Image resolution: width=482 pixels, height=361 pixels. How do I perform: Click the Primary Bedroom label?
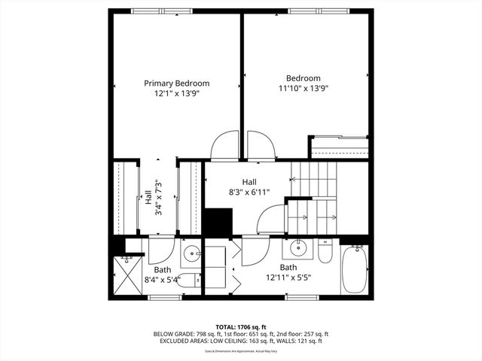tap(177, 83)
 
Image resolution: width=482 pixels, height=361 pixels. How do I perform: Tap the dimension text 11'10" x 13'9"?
tap(303, 88)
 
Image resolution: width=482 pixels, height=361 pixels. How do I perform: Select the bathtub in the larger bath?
tap(353, 272)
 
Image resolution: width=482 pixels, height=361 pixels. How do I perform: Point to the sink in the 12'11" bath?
tap(299, 247)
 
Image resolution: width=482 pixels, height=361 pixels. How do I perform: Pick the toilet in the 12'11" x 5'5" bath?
tap(325, 250)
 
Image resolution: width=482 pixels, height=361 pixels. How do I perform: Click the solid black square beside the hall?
tap(218, 222)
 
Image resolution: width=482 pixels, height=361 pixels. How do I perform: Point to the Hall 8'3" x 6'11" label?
tap(249, 187)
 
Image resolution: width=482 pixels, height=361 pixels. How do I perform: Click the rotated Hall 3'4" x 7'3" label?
tap(153, 198)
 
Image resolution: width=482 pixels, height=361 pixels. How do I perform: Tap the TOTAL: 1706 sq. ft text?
tap(241, 326)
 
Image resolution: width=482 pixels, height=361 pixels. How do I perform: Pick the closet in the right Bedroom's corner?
tap(339, 146)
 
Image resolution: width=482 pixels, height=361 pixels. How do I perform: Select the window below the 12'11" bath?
tap(302, 297)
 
